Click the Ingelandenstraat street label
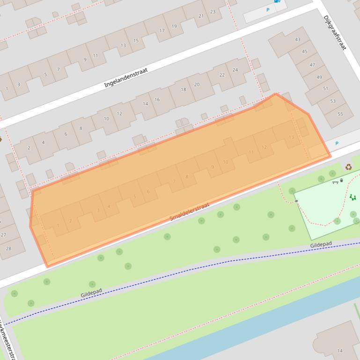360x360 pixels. [x=126, y=78]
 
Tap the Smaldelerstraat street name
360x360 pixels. [x=190, y=212]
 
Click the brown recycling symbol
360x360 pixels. [x=348, y=167]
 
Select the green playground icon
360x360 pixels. [x=353, y=198]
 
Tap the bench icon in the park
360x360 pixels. [x=335, y=182]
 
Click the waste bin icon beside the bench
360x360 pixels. [x=342, y=180]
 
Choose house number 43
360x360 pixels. [x=297, y=40]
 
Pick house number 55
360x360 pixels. [x=340, y=114]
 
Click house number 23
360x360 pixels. [x=213, y=12]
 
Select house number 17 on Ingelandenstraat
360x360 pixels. [x=162, y=31]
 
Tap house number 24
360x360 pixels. [x=235, y=70]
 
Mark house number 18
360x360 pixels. [x=184, y=90]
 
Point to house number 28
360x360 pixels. [x=8, y=249]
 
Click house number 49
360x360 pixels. [x=319, y=77]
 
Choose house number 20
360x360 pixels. [x=197, y=85]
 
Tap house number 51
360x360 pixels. [x=326, y=89]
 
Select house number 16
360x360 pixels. [x=157, y=100]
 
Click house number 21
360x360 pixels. [x=201, y=16]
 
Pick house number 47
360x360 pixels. [x=312, y=65]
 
